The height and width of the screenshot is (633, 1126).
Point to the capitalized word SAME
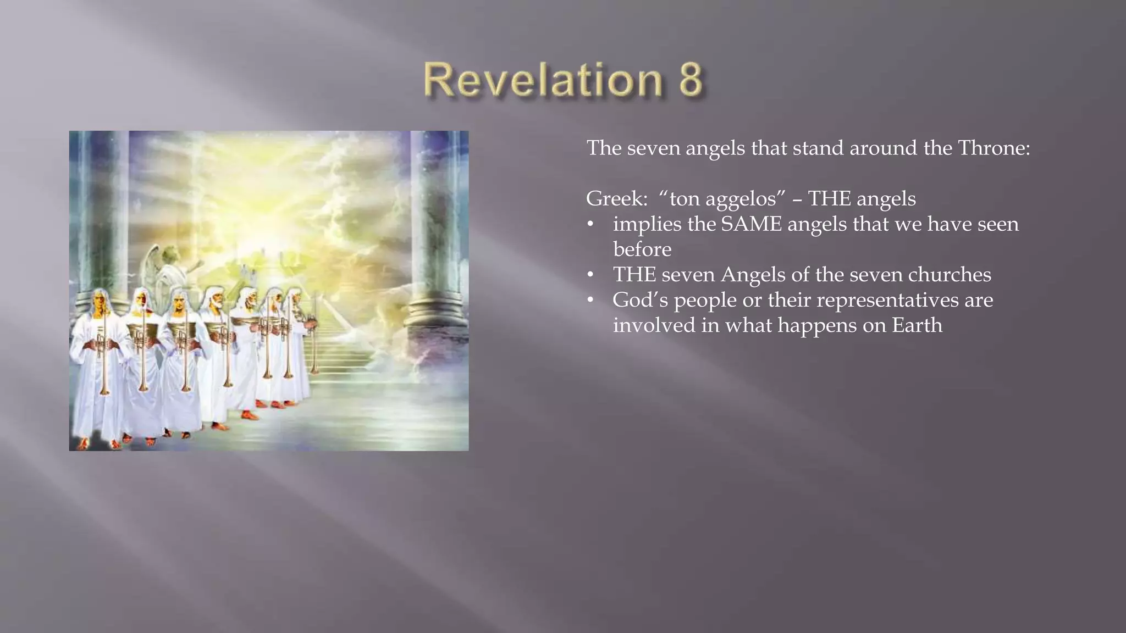(750, 224)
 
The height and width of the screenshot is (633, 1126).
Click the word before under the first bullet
(642, 249)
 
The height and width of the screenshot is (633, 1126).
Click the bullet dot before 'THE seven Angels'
(590, 275)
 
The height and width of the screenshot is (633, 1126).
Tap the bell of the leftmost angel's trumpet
(104, 391)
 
